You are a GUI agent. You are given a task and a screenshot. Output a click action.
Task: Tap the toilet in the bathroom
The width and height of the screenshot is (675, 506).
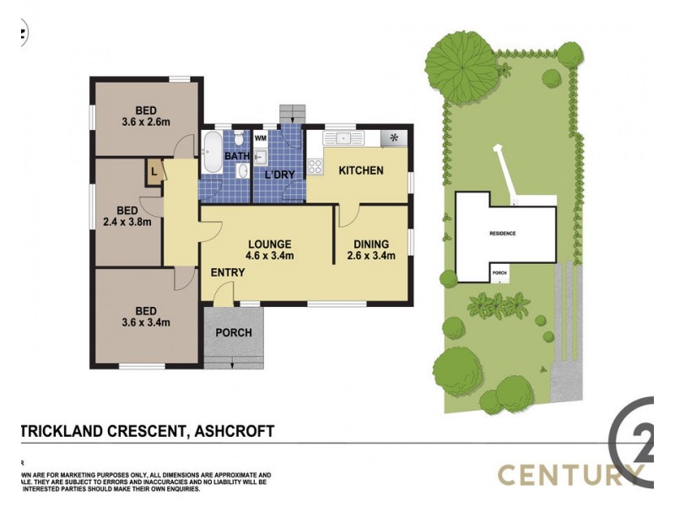pos(240,138)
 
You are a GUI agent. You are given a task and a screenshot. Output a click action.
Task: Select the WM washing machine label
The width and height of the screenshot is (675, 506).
pos(261,137)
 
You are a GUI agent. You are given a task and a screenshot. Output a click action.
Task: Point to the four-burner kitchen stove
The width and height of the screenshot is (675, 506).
pos(316,166)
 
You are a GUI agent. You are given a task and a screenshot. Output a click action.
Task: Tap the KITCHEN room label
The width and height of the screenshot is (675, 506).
pos(361,170)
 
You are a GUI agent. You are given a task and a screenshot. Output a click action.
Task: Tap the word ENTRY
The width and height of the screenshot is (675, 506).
pos(228,272)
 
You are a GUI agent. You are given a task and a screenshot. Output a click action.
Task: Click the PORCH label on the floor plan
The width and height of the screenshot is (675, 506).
pos(234,332)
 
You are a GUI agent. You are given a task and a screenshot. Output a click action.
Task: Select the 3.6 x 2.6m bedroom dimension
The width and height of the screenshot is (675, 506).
pos(145,122)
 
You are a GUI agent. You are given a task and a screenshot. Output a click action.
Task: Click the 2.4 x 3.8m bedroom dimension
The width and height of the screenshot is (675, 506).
pos(127,223)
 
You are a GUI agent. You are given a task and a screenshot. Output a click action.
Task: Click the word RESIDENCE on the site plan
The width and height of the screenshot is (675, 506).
pos(502,234)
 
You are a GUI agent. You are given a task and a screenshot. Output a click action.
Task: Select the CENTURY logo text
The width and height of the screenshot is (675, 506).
pos(566,474)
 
